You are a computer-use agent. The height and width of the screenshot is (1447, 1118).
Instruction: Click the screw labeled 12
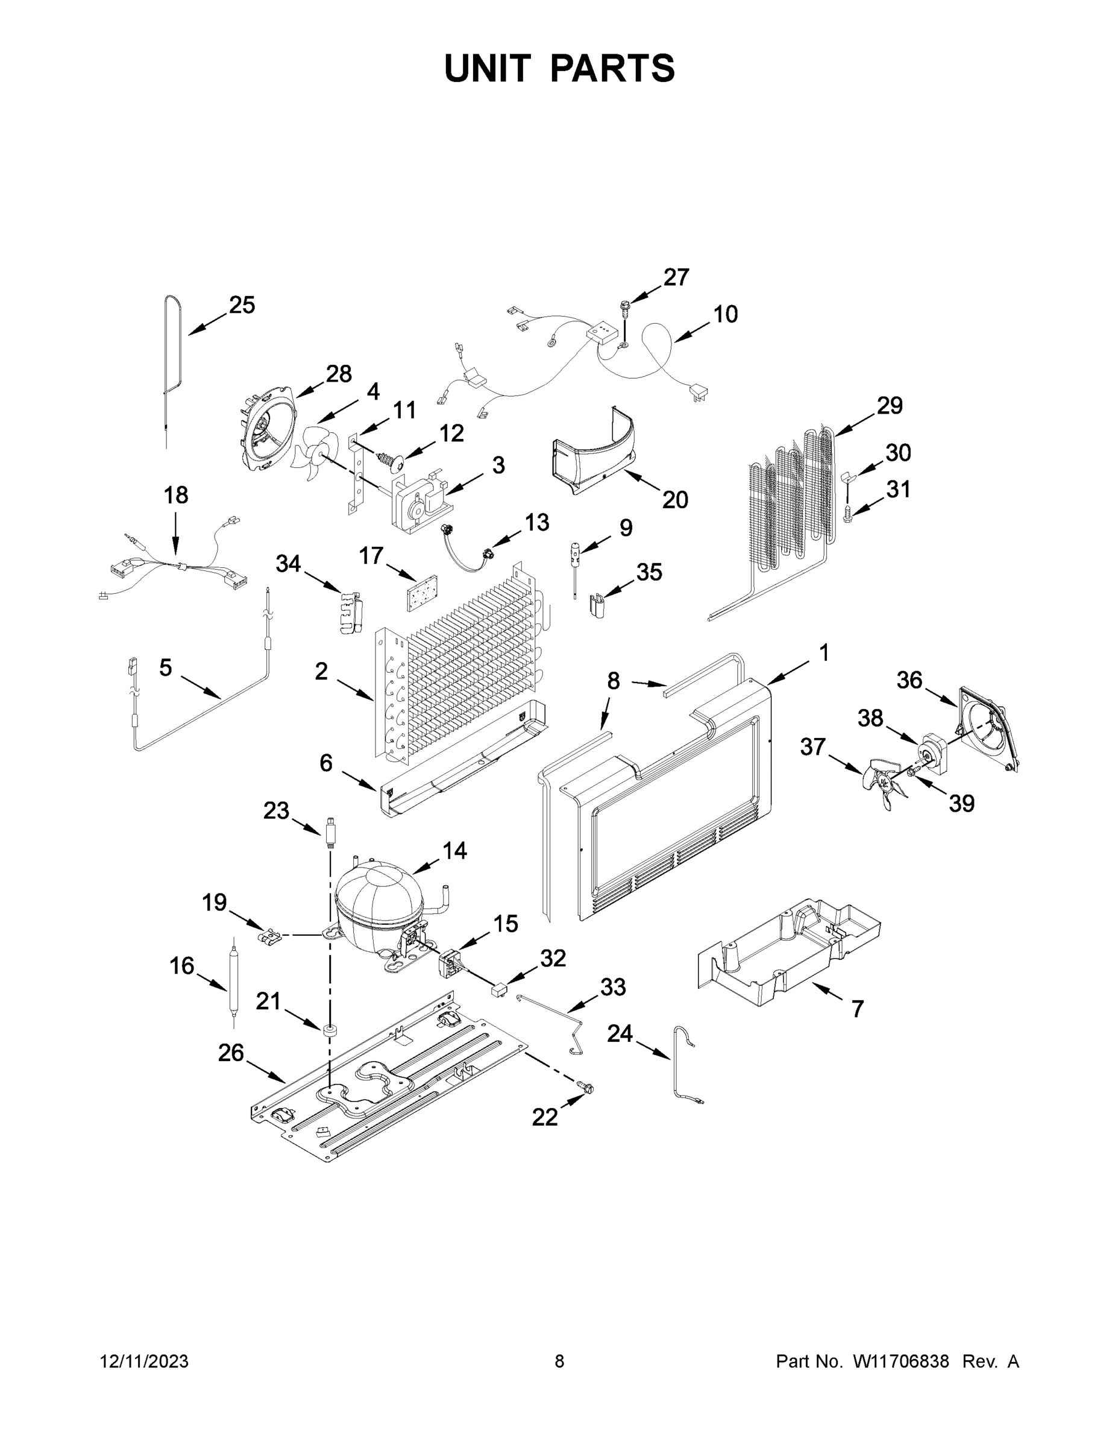[391, 460]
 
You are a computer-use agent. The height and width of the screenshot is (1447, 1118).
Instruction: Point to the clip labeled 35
[598, 604]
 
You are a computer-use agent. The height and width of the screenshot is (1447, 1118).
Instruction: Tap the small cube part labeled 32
[498, 991]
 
